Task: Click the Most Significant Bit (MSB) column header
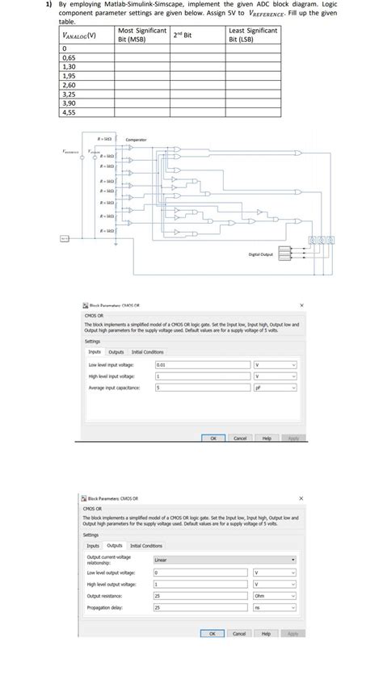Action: point(141,35)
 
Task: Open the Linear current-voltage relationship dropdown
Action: point(224,560)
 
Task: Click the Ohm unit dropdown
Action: point(276,594)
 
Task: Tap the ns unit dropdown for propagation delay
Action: point(276,606)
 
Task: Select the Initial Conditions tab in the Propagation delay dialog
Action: point(147,545)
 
